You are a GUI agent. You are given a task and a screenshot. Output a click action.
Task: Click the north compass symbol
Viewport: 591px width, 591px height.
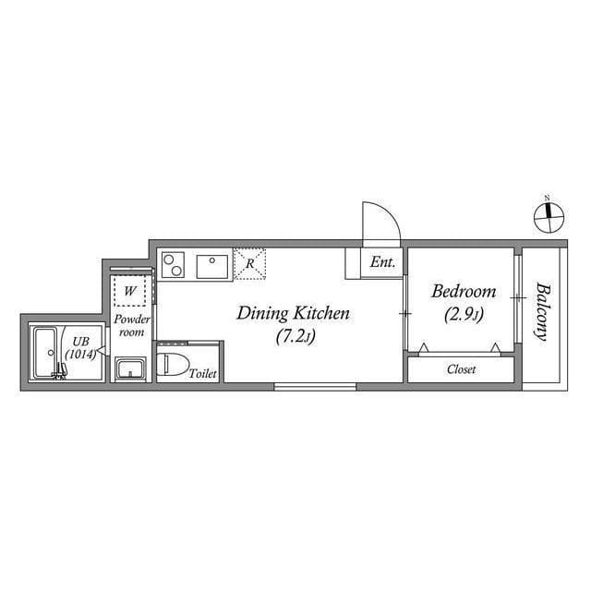[x=549, y=214]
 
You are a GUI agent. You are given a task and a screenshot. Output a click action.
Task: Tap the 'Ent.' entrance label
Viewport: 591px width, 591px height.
[x=382, y=263]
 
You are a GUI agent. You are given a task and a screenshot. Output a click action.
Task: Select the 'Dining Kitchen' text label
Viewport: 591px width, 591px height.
[x=293, y=314]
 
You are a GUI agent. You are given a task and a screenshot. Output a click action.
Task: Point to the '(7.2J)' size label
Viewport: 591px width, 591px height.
[x=295, y=337]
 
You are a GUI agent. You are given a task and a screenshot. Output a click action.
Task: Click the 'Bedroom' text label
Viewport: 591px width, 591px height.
[x=464, y=292]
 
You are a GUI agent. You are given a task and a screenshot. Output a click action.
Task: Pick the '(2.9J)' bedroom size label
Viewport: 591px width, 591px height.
[x=464, y=314]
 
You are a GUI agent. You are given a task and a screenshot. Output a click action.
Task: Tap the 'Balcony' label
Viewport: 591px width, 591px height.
[x=542, y=310]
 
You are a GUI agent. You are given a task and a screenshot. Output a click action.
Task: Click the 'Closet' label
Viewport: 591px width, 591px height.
[x=461, y=369]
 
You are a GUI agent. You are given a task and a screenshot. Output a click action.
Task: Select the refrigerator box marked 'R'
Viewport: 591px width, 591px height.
[x=249, y=264]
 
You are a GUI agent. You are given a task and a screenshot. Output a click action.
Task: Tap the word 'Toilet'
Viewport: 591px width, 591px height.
[x=202, y=374]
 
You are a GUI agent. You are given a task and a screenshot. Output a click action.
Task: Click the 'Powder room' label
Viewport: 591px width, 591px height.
[x=131, y=325]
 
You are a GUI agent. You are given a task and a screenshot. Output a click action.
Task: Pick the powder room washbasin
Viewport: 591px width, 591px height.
[x=130, y=370]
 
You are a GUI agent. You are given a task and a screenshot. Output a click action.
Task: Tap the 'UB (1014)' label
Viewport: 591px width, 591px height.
[x=78, y=347]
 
